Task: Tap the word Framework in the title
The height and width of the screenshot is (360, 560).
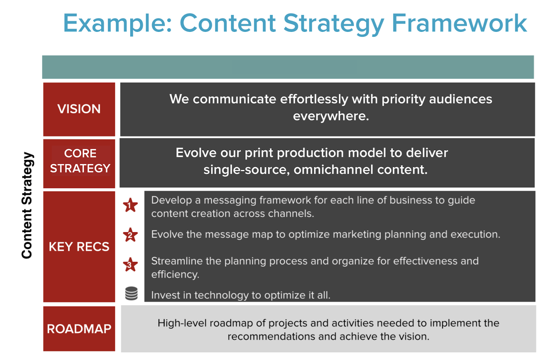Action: (460, 23)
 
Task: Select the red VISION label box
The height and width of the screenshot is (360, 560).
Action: (79, 109)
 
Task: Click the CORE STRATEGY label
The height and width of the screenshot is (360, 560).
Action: (80, 161)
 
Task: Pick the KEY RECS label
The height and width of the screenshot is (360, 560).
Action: (79, 247)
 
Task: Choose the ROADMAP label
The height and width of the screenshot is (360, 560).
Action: (79, 329)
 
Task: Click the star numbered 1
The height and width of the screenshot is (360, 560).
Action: (130, 205)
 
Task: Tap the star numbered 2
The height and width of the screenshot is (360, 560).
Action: (130, 235)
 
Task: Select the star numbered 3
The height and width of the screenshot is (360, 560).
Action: (130, 264)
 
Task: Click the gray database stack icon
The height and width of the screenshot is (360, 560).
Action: (131, 293)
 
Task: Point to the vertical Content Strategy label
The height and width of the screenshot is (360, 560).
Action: (27, 205)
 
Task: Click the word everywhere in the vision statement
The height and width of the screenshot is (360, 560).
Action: (331, 116)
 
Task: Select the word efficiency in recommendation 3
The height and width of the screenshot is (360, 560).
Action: (175, 275)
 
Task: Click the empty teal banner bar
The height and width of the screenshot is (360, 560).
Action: (288, 67)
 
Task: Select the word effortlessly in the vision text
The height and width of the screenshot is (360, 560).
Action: (314, 99)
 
